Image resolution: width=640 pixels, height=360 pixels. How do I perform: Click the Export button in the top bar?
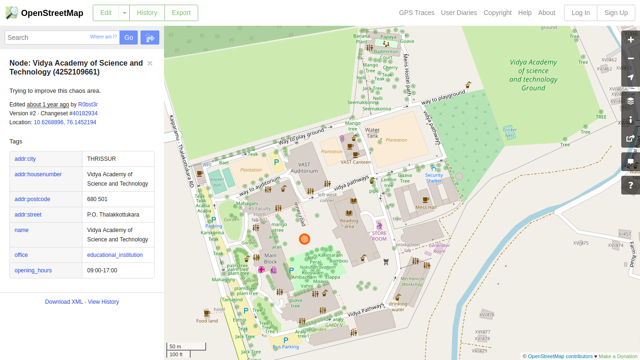click(x=181, y=13)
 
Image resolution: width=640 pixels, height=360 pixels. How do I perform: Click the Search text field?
click(x=47, y=37)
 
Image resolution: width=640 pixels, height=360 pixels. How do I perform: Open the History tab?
click(x=147, y=13)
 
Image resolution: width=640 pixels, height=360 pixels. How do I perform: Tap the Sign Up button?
click(x=616, y=13)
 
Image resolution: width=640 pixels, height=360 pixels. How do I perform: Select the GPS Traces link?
click(x=417, y=13)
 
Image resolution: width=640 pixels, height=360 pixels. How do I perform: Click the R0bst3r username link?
click(x=88, y=105)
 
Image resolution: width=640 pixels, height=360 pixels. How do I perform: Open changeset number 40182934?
click(x=85, y=113)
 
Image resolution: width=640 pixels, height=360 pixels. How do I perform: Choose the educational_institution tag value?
click(x=115, y=255)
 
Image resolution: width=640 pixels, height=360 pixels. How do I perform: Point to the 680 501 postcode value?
click(x=97, y=199)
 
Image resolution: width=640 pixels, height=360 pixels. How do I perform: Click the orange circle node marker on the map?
click(x=305, y=239)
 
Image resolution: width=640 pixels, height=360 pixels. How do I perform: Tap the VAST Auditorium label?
click(x=304, y=168)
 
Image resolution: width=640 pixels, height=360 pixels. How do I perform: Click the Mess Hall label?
click(x=426, y=207)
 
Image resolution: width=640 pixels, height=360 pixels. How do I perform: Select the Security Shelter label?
click(x=434, y=178)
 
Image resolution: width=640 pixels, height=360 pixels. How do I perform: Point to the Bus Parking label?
click(x=286, y=347)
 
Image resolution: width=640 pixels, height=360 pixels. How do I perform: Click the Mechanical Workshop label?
click(x=412, y=281)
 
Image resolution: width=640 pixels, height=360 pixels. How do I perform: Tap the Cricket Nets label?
click(x=510, y=133)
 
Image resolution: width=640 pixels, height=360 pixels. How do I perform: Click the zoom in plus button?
click(x=631, y=40)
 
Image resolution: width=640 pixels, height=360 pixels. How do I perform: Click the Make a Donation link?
click(x=618, y=356)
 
